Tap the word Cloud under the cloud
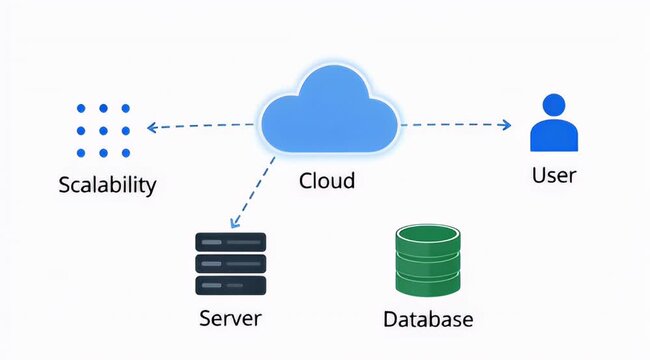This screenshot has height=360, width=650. [327, 181]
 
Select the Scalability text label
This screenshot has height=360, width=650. [107, 186]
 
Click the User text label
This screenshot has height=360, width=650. [553, 176]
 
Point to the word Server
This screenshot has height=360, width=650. [230, 319]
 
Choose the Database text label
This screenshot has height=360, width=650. [428, 320]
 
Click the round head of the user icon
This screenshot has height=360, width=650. [553, 106]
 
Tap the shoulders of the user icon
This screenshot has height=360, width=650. [553, 137]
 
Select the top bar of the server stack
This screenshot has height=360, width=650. [231, 242]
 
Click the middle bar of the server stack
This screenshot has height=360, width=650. [231, 264]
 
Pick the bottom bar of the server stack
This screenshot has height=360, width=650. [231, 286]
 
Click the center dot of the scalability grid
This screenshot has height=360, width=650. [103, 131]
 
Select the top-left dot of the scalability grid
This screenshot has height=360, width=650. [81, 109]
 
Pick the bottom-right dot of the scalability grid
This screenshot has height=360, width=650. [125, 153]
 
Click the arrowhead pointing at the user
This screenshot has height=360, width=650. [506, 125]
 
